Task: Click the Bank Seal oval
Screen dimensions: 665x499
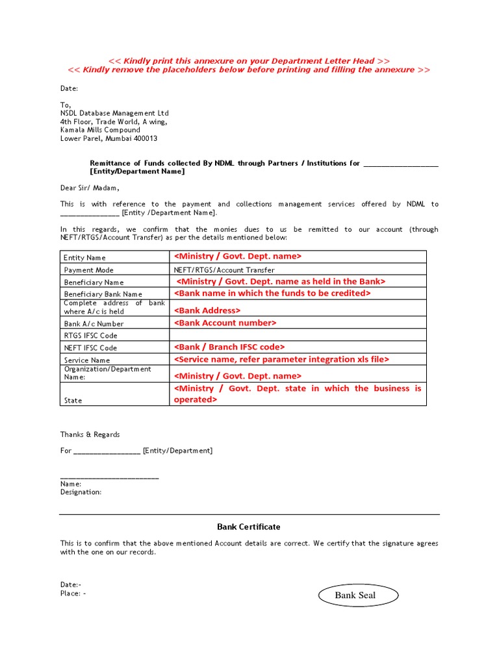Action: pos(355,596)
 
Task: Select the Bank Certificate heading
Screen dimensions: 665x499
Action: pos(248,527)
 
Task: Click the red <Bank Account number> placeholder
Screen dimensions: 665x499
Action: pos(225,323)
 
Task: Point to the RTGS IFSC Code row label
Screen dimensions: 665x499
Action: pos(90,336)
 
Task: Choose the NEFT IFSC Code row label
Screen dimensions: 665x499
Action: pos(90,348)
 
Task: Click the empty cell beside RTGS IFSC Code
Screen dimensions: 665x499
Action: pos(298,335)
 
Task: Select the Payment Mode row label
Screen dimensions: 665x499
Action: pos(88,270)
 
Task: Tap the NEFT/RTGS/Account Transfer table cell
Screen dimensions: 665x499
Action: pos(224,270)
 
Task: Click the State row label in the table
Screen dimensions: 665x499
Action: pos(73,401)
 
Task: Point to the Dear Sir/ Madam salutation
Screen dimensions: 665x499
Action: pos(90,188)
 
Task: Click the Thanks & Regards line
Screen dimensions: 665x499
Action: pos(90,434)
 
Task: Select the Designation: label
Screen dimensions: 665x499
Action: pos(81,492)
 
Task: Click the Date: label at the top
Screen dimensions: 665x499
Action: pos(70,88)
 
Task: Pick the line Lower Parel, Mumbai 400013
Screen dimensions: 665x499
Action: pos(109,138)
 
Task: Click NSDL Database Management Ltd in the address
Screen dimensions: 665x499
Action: pos(114,113)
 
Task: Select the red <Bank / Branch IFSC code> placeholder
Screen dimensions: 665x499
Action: pos(229,347)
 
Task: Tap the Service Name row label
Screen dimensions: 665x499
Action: pos(87,360)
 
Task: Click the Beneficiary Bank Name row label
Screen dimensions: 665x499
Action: pos(103,294)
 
